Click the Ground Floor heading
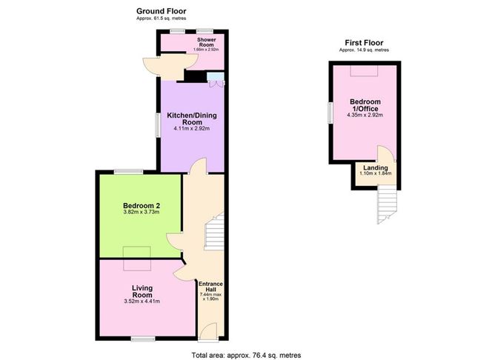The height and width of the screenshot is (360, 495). tap(161, 11)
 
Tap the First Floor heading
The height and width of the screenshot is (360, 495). tap(364, 43)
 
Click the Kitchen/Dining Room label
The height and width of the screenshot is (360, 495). tap(191, 119)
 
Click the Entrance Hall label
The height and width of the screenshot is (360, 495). tap(210, 287)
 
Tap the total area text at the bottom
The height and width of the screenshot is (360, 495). tap(246, 355)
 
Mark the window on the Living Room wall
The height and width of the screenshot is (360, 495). tap(144, 339)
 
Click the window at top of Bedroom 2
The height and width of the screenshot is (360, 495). tap(128, 172)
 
